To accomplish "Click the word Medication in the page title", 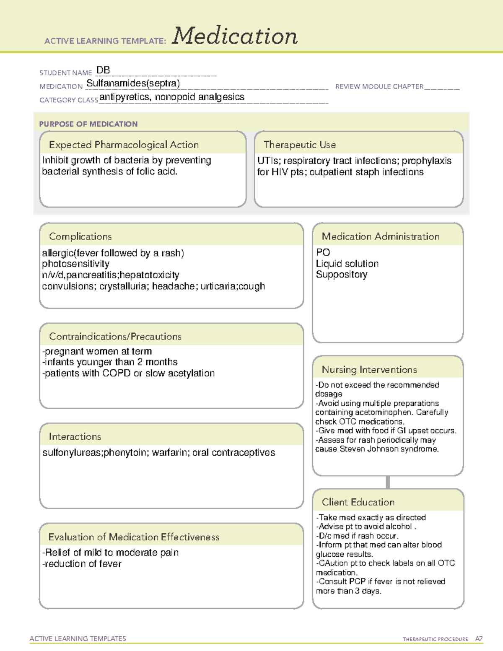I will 235,36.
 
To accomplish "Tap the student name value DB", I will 103,70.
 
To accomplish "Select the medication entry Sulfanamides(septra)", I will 133,83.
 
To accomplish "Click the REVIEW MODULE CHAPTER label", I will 379,86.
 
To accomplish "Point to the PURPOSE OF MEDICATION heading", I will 88,124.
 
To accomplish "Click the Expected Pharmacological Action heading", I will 124,145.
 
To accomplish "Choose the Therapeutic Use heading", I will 300,145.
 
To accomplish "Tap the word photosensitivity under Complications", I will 75,264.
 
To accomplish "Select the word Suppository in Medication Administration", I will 342,275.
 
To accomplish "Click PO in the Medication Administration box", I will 323,252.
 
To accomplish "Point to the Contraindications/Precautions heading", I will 115,337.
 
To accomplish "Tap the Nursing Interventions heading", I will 369,370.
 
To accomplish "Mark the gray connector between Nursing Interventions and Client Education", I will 388,482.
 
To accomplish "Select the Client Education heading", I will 358,502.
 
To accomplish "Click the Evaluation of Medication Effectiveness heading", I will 134,537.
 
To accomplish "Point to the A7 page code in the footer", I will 479,639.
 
